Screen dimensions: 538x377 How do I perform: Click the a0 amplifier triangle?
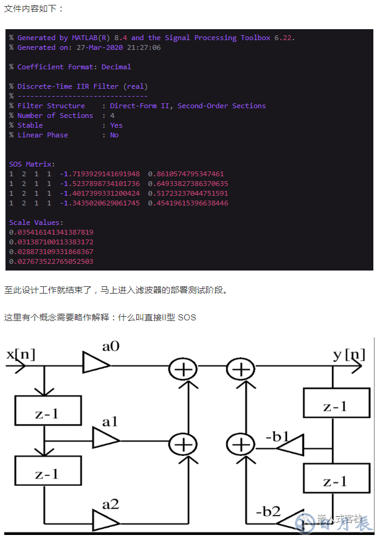tap(96, 365)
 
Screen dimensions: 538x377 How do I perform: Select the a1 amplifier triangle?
tap(105, 438)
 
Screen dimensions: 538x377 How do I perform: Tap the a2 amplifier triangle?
tap(105, 520)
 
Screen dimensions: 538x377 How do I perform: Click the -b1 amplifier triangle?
tap(289, 450)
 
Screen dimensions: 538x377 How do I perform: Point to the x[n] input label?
tap(21, 354)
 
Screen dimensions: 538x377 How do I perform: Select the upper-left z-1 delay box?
tap(47, 414)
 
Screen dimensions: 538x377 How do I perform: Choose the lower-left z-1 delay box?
tap(47, 474)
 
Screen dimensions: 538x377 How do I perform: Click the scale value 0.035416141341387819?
tap(52, 232)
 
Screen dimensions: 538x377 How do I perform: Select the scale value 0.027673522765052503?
tap(52, 261)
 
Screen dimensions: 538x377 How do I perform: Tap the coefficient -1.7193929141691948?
tap(100, 174)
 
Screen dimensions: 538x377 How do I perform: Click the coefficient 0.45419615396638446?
tap(188, 203)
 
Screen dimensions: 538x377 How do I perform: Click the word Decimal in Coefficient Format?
tap(116, 67)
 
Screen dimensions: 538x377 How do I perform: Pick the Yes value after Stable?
tap(116, 125)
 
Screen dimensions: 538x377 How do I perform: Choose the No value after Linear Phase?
tap(114, 135)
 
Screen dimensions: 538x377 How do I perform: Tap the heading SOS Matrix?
tap(32, 164)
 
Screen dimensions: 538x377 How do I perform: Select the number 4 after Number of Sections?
tap(112, 116)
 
